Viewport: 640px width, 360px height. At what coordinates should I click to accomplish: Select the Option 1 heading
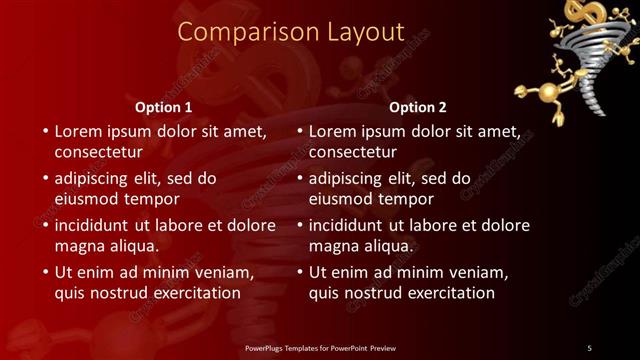(x=163, y=107)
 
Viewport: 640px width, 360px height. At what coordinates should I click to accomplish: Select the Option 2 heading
(x=417, y=107)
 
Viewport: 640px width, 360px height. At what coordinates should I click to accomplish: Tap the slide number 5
(x=589, y=348)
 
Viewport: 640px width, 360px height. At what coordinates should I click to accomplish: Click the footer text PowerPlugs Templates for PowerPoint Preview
(x=320, y=348)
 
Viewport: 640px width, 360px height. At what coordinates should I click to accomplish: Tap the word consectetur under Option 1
(x=98, y=152)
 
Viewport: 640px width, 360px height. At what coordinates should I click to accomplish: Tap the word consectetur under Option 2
(x=352, y=152)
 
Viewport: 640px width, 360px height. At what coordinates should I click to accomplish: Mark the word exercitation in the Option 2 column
(x=448, y=293)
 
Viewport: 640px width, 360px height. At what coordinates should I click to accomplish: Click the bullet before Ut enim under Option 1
(x=44, y=272)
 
